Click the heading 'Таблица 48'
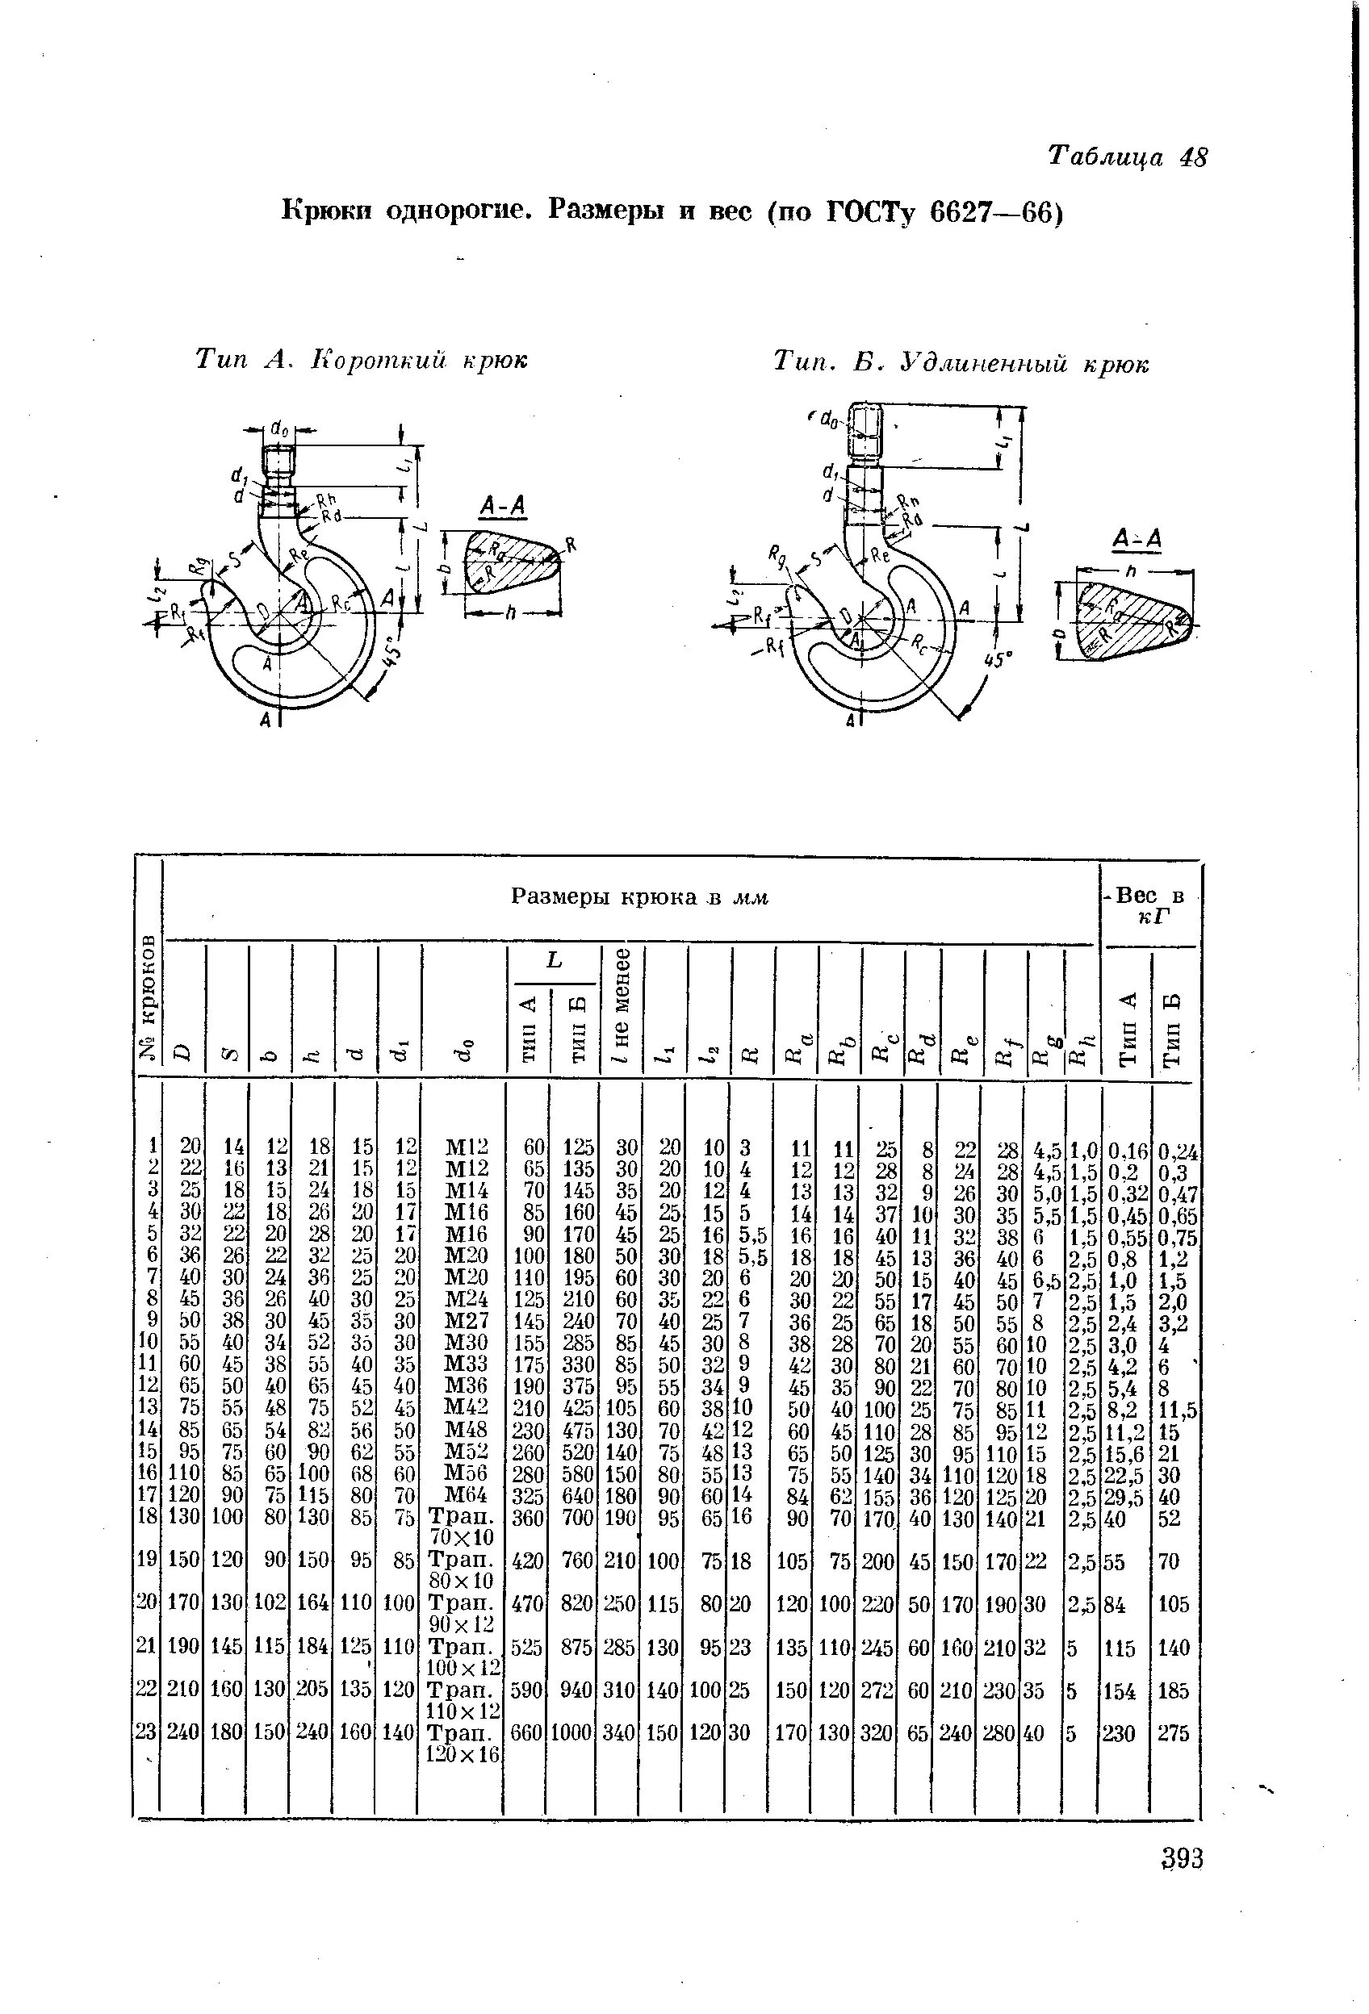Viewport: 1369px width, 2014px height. [x=1126, y=157]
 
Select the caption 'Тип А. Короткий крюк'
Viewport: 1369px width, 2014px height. [x=362, y=359]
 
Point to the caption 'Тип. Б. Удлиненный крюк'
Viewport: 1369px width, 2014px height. [x=961, y=363]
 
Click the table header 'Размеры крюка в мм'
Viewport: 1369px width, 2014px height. [x=640, y=897]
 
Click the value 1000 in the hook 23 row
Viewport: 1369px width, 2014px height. [x=571, y=1732]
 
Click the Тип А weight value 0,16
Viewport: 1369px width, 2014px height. [x=1127, y=1151]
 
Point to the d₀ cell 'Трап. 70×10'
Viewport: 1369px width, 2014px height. [x=462, y=1527]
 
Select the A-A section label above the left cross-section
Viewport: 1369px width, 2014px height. [x=504, y=506]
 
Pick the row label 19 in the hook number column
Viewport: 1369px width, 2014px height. [x=147, y=1561]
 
